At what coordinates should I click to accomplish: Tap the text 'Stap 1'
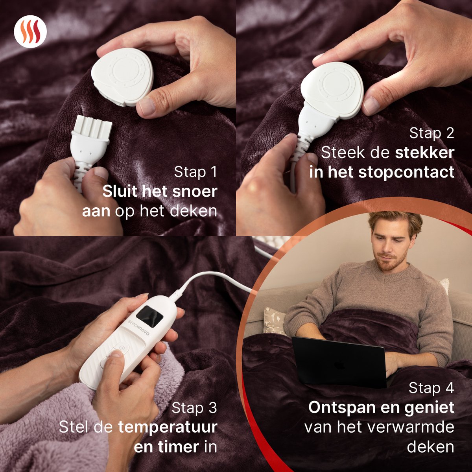coord(195,172)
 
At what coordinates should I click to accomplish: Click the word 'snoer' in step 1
coord(195,191)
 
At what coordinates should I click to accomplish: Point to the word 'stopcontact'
coord(406,172)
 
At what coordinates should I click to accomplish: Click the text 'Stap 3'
coord(194,408)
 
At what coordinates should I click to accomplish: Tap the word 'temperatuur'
coord(168,428)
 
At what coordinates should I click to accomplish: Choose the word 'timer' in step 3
coord(178,447)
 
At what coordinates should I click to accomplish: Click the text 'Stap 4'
coord(431,388)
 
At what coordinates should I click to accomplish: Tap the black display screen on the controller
coord(149,316)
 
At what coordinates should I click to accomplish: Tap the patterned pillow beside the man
coord(275,321)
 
